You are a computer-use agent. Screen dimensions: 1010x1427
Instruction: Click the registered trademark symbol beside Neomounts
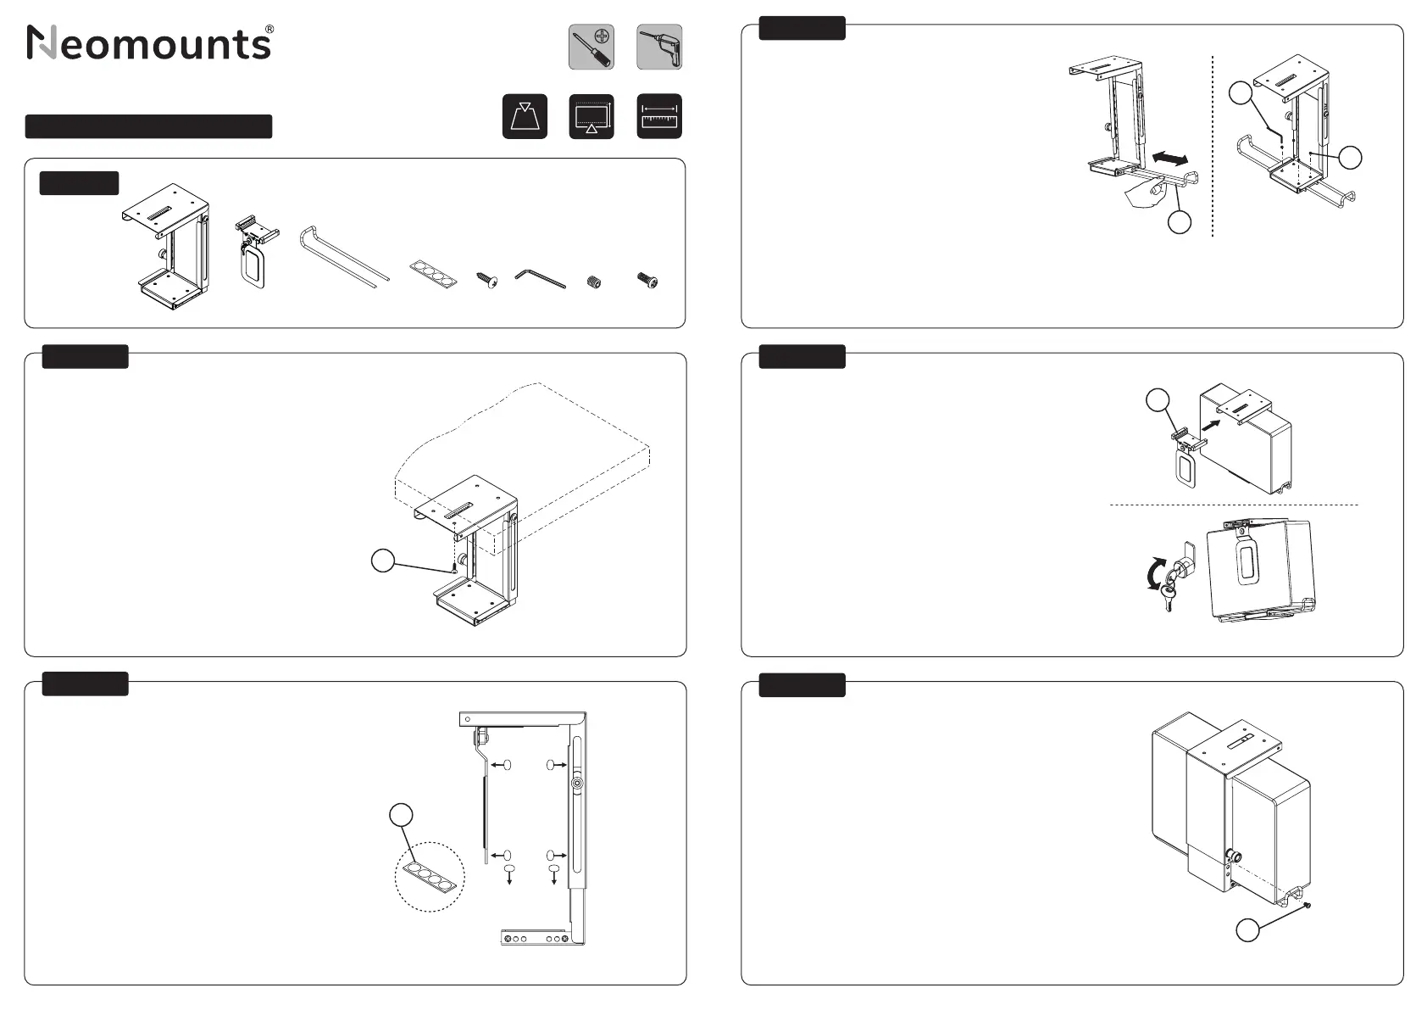click(x=269, y=30)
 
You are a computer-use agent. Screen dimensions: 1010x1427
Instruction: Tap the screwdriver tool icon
click(x=591, y=47)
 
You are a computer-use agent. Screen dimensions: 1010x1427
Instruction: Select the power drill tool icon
click(x=659, y=47)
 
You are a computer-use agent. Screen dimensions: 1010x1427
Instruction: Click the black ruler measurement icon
click(x=659, y=116)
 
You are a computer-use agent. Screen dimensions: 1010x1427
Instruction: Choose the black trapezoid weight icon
click(x=525, y=116)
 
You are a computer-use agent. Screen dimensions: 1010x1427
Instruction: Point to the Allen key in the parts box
click(x=540, y=278)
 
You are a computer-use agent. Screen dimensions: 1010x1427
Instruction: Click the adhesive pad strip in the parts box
click(x=432, y=275)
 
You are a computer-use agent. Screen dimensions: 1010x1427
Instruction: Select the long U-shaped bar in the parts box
click(x=342, y=256)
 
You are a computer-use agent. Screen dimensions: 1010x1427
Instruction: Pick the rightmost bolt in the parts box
click(x=647, y=281)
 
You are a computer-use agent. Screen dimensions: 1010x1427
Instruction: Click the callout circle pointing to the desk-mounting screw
click(x=383, y=561)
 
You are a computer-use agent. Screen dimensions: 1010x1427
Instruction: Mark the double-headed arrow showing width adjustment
click(x=1169, y=158)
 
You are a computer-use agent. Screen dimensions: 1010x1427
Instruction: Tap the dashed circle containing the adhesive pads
click(x=430, y=877)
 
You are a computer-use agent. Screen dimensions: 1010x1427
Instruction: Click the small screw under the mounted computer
click(x=1308, y=906)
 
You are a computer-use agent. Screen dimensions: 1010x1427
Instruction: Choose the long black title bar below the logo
click(x=148, y=126)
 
